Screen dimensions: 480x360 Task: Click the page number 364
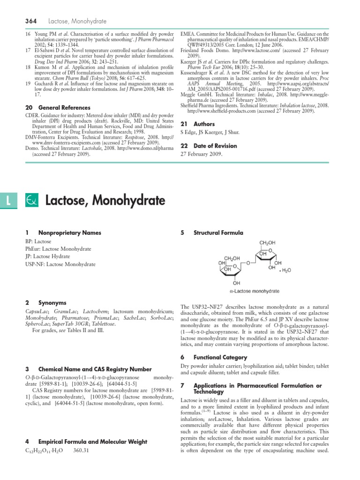coord(31,21)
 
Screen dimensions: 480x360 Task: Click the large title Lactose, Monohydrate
coord(105,201)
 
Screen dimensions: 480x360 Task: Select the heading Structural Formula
coord(218,232)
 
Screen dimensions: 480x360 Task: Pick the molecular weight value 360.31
coord(82,451)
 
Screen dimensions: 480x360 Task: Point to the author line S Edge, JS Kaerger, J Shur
coord(210,133)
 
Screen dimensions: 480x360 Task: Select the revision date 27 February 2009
coord(202,154)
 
